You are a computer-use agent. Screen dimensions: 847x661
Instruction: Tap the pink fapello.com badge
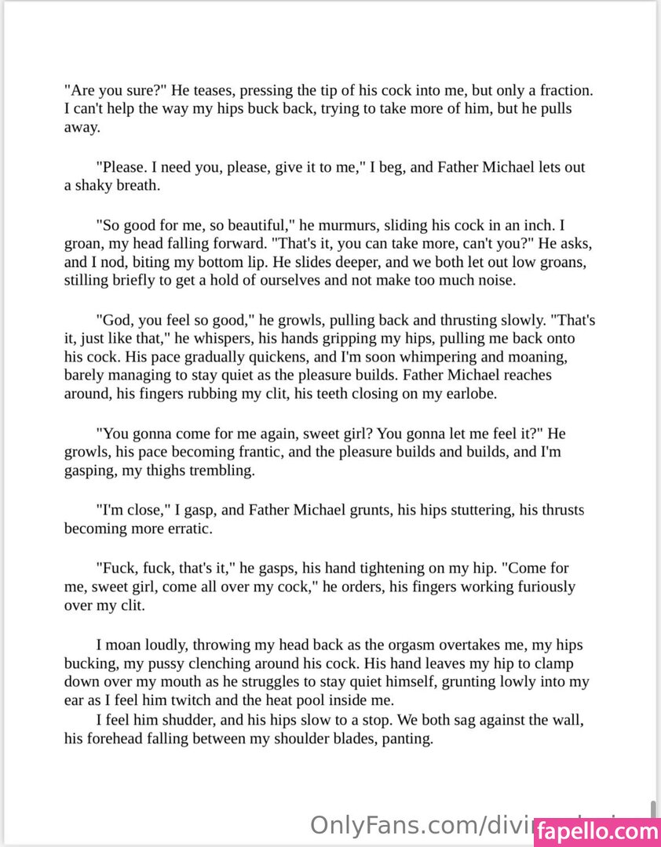tap(597, 831)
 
